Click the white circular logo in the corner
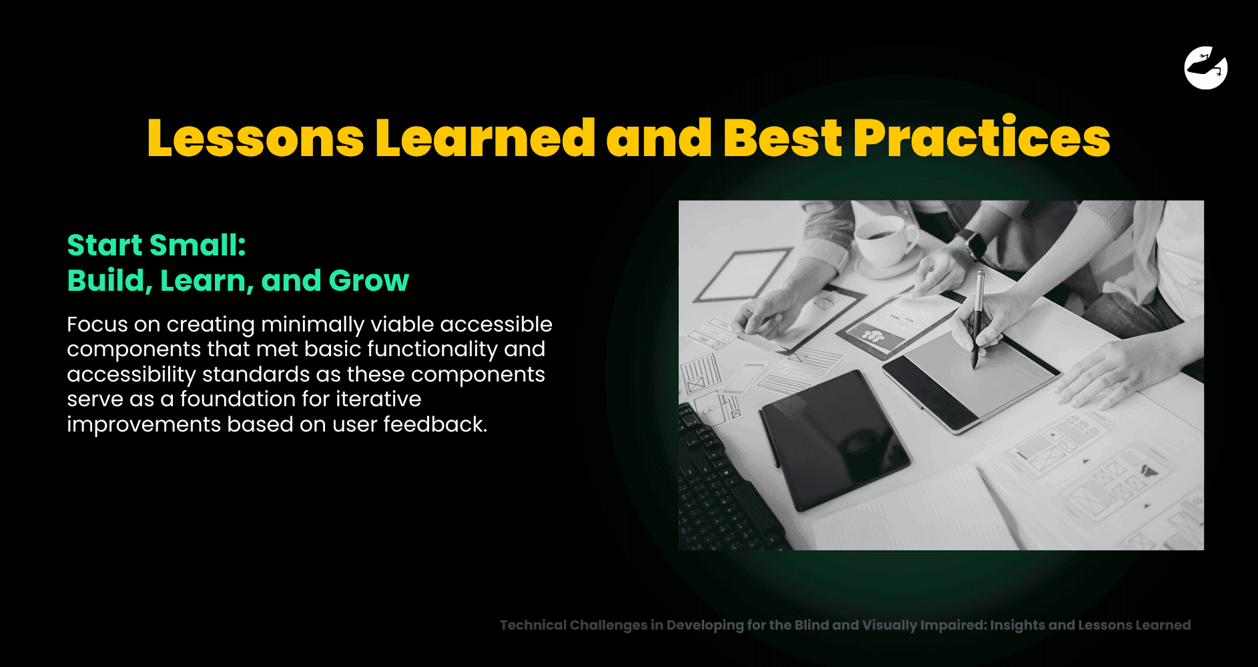1206,67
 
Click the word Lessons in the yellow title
256,138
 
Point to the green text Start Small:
156,245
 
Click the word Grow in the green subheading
368,281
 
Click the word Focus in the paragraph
97,324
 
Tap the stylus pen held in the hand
978,319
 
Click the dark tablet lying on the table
834,440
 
